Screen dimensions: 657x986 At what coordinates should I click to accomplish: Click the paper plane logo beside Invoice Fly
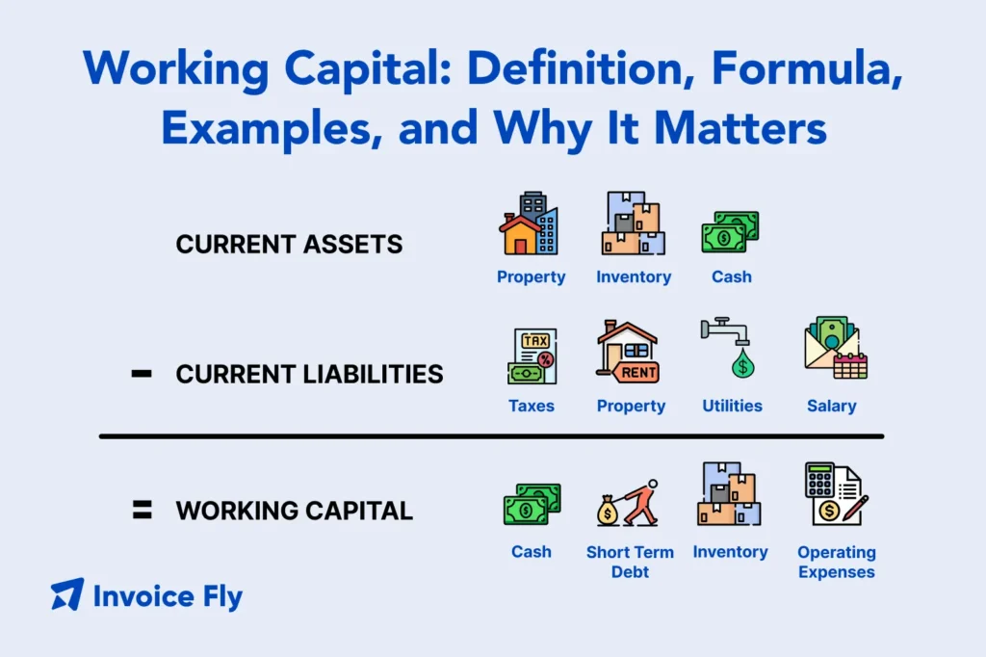[x=67, y=594]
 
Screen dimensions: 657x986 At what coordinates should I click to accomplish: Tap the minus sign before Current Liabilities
[x=141, y=374]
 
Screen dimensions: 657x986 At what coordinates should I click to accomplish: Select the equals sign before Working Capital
[x=141, y=510]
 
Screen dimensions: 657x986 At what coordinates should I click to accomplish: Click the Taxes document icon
[x=532, y=355]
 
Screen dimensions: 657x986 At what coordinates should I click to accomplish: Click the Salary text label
[x=832, y=406]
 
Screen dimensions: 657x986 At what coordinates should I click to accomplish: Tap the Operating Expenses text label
[x=836, y=562]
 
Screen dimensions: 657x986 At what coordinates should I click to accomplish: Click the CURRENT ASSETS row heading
[x=290, y=245]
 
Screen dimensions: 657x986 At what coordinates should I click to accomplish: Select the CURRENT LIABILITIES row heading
[x=309, y=374]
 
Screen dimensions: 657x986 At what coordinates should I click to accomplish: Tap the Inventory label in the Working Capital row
[x=730, y=552]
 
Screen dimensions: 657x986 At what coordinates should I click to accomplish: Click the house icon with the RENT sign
[x=628, y=353]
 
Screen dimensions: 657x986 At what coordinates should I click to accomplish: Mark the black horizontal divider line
[x=491, y=436]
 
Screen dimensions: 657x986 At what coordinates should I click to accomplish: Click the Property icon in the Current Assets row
[x=529, y=224]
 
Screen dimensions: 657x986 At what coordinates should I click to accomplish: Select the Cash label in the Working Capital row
[x=532, y=552]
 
